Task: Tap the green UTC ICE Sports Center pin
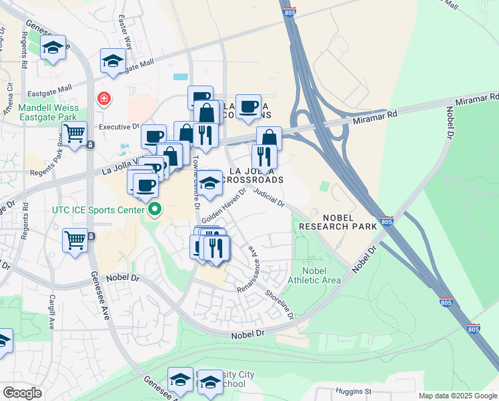click(x=155, y=210)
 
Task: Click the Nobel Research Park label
click(x=338, y=222)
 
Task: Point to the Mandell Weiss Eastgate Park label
click(x=48, y=112)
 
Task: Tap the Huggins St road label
click(x=354, y=390)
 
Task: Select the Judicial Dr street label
click(x=270, y=198)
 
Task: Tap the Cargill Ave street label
click(x=51, y=310)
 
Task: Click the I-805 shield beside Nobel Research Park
click(x=388, y=221)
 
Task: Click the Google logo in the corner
click(x=22, y=393)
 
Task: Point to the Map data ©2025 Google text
click(x=457, y=396)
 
